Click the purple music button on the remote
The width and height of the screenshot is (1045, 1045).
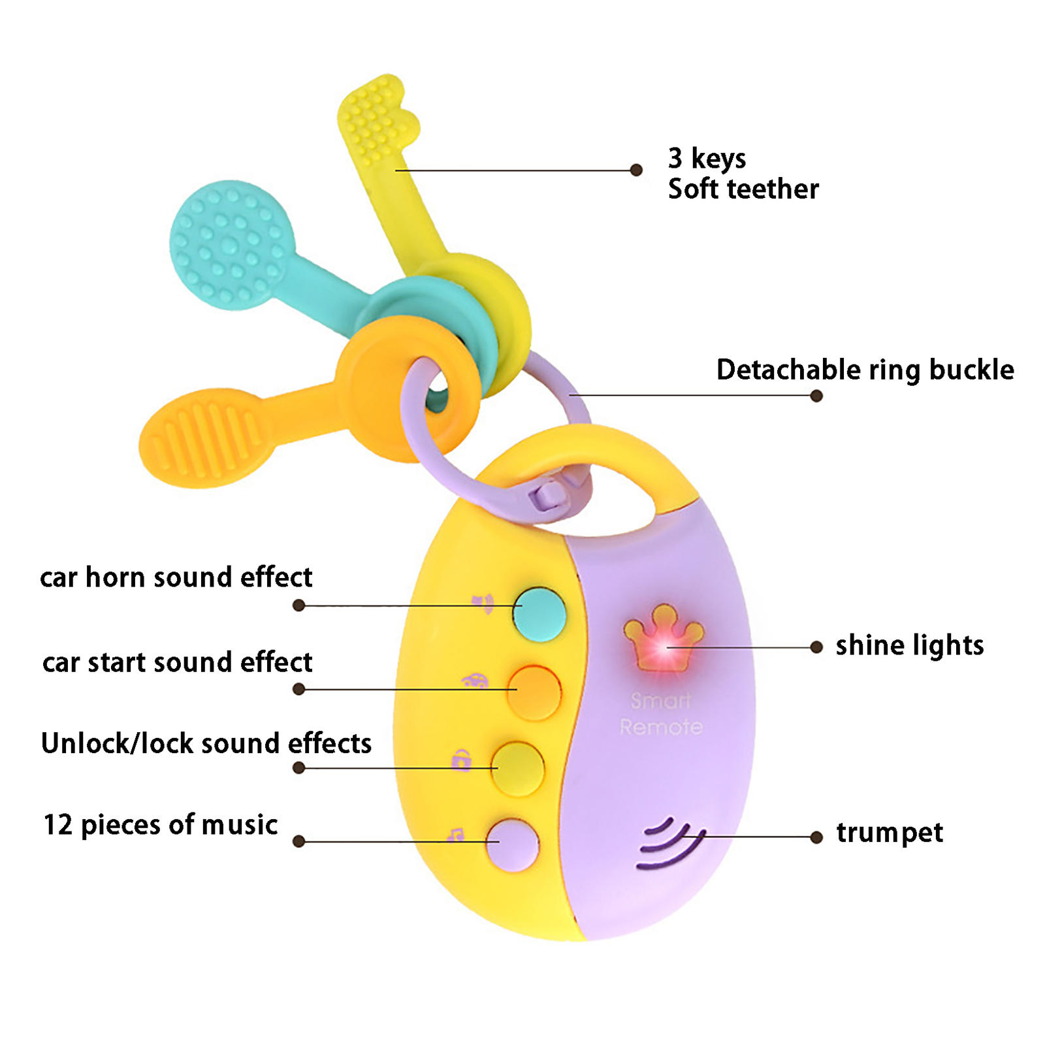[513, 844]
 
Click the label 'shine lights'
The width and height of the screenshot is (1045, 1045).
[909, 645]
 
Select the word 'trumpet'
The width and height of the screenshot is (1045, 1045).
[890, 833]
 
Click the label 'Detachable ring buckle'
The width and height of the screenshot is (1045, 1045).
[865, 370]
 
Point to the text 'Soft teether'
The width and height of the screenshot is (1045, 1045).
[743, 189]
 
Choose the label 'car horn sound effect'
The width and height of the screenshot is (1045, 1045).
[176, 577]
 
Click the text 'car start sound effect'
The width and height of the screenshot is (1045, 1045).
[177, 662]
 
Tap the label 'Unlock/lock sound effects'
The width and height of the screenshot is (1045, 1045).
[206, 743]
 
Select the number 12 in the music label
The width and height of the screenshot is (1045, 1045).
[57, 825]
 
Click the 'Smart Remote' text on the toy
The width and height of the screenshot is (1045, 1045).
[661, 714]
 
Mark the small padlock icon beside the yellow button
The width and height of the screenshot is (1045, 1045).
[462, 760]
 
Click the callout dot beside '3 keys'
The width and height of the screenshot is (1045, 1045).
[636, 170]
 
